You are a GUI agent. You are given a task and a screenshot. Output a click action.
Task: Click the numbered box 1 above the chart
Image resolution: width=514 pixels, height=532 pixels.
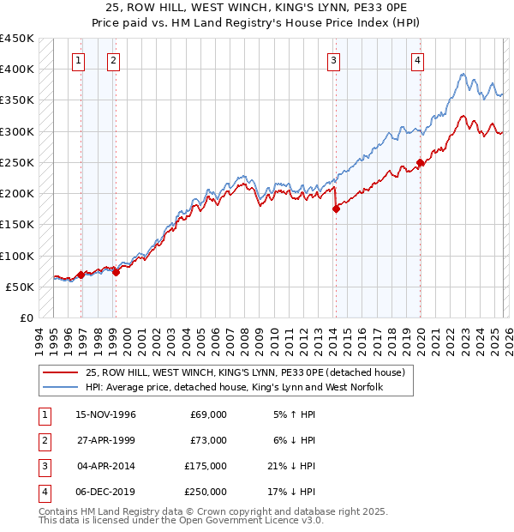(x=78, y=60)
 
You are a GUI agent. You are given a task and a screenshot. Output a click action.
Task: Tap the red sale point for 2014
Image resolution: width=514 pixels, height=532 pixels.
(x=336, y=209)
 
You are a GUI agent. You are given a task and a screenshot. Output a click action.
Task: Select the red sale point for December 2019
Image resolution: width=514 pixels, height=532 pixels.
(x=420, y=162)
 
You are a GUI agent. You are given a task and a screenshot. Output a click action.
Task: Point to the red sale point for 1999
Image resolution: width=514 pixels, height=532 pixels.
(x=116, y=272)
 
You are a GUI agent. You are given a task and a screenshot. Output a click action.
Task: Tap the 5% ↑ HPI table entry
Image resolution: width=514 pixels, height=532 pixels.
(x=296, y=414)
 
